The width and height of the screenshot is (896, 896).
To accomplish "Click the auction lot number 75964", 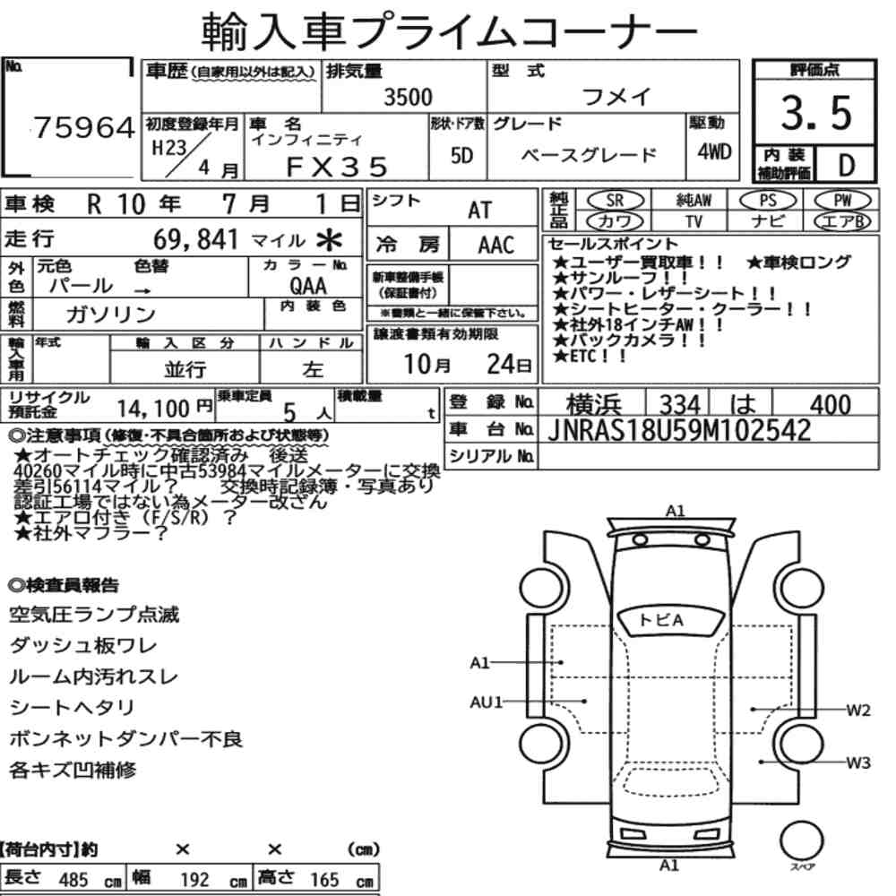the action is (84, 127).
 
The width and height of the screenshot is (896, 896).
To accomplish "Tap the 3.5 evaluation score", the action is (816, 113).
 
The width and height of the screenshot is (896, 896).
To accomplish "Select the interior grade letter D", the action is (847, 165).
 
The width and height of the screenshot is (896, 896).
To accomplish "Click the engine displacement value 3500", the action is (408, 97).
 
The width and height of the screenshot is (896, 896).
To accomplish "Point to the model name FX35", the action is (337, 167).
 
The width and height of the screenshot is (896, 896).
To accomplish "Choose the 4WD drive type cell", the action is (714, 152).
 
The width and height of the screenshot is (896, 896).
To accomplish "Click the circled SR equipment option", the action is (615, 200).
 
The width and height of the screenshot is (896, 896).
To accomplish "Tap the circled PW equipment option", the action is (842, 200).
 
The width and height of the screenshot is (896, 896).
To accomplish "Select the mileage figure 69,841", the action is (195, 239).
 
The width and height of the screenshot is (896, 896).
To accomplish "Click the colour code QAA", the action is (308, 286).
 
